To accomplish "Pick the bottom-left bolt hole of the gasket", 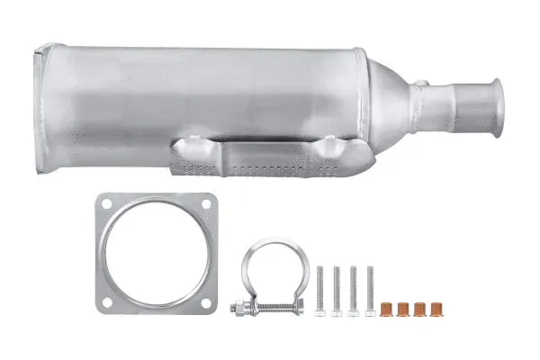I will pyautogui.click(x=107, y=302).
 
